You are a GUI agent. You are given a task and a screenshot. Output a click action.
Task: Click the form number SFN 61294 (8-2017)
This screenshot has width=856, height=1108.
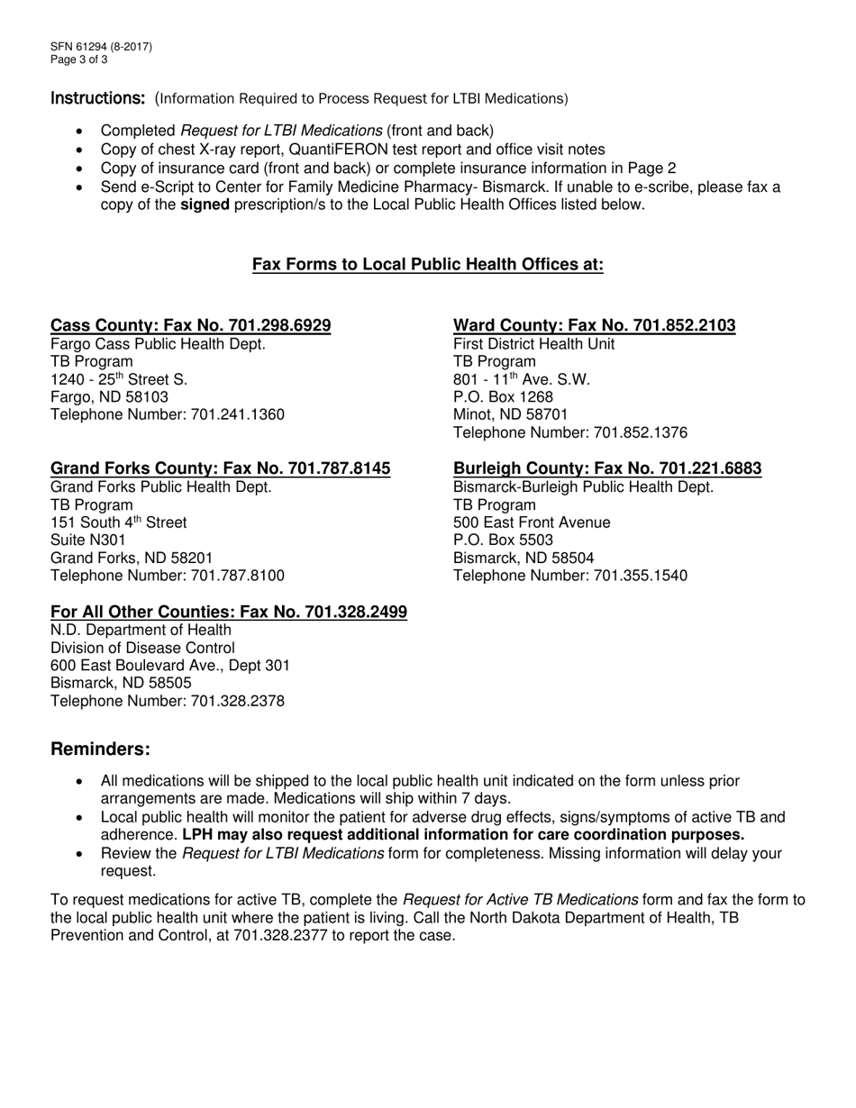pyautogui.click(x=101, y=47)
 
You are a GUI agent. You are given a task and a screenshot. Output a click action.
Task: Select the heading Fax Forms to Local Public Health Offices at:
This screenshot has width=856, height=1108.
pyautogui.click(x=427, y=265)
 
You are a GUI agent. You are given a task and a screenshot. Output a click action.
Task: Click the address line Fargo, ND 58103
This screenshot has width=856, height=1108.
pyautogui.click(x=109, y=396)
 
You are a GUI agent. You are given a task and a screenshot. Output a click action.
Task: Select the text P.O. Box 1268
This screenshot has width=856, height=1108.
pyautogui.click(x=503, y=396)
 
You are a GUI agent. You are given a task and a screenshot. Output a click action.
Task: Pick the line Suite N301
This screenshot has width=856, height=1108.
pyautogui.click(x=82, y=540)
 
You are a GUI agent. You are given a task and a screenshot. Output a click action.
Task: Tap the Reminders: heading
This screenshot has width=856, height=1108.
pyautogui.click(x=101, y=749)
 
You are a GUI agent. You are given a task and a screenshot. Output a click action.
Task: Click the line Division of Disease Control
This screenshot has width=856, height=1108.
pyautogui.click(x=142, y=648)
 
